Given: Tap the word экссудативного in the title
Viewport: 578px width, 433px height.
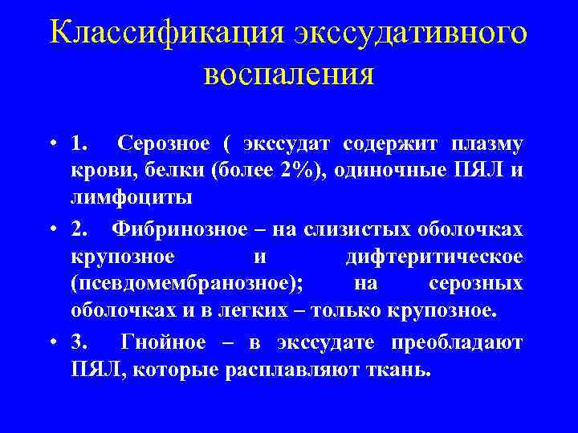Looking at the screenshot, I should tap(409, 33).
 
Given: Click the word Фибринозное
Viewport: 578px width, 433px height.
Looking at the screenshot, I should tap(181, 229).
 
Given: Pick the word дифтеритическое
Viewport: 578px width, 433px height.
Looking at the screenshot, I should tap(434, 257).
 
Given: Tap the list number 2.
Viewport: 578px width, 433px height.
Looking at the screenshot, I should tap(78, 229).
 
